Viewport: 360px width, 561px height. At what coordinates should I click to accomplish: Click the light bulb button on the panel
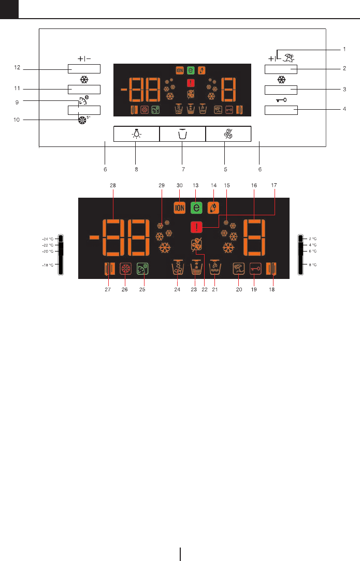click(x=136, y=134)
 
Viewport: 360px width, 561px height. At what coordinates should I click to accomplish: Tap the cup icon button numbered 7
click(x=182, y=134)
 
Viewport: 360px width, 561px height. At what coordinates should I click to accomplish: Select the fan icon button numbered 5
click(x=228, y=134)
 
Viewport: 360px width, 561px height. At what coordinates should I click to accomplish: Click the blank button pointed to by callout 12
click(x=83, y=69)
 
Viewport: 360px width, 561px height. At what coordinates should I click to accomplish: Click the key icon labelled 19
click(x=255, y=269)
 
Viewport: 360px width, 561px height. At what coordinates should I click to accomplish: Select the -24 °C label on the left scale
click(x=48, y=239)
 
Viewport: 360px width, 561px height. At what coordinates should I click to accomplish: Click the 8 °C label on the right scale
click(x=312, y=264)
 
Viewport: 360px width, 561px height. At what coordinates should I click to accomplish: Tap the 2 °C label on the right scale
click(x=312, y=239)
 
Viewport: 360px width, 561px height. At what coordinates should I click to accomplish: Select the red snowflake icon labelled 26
click(x=125, y=269)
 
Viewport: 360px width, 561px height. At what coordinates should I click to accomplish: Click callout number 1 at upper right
click(x=344, y=49)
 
